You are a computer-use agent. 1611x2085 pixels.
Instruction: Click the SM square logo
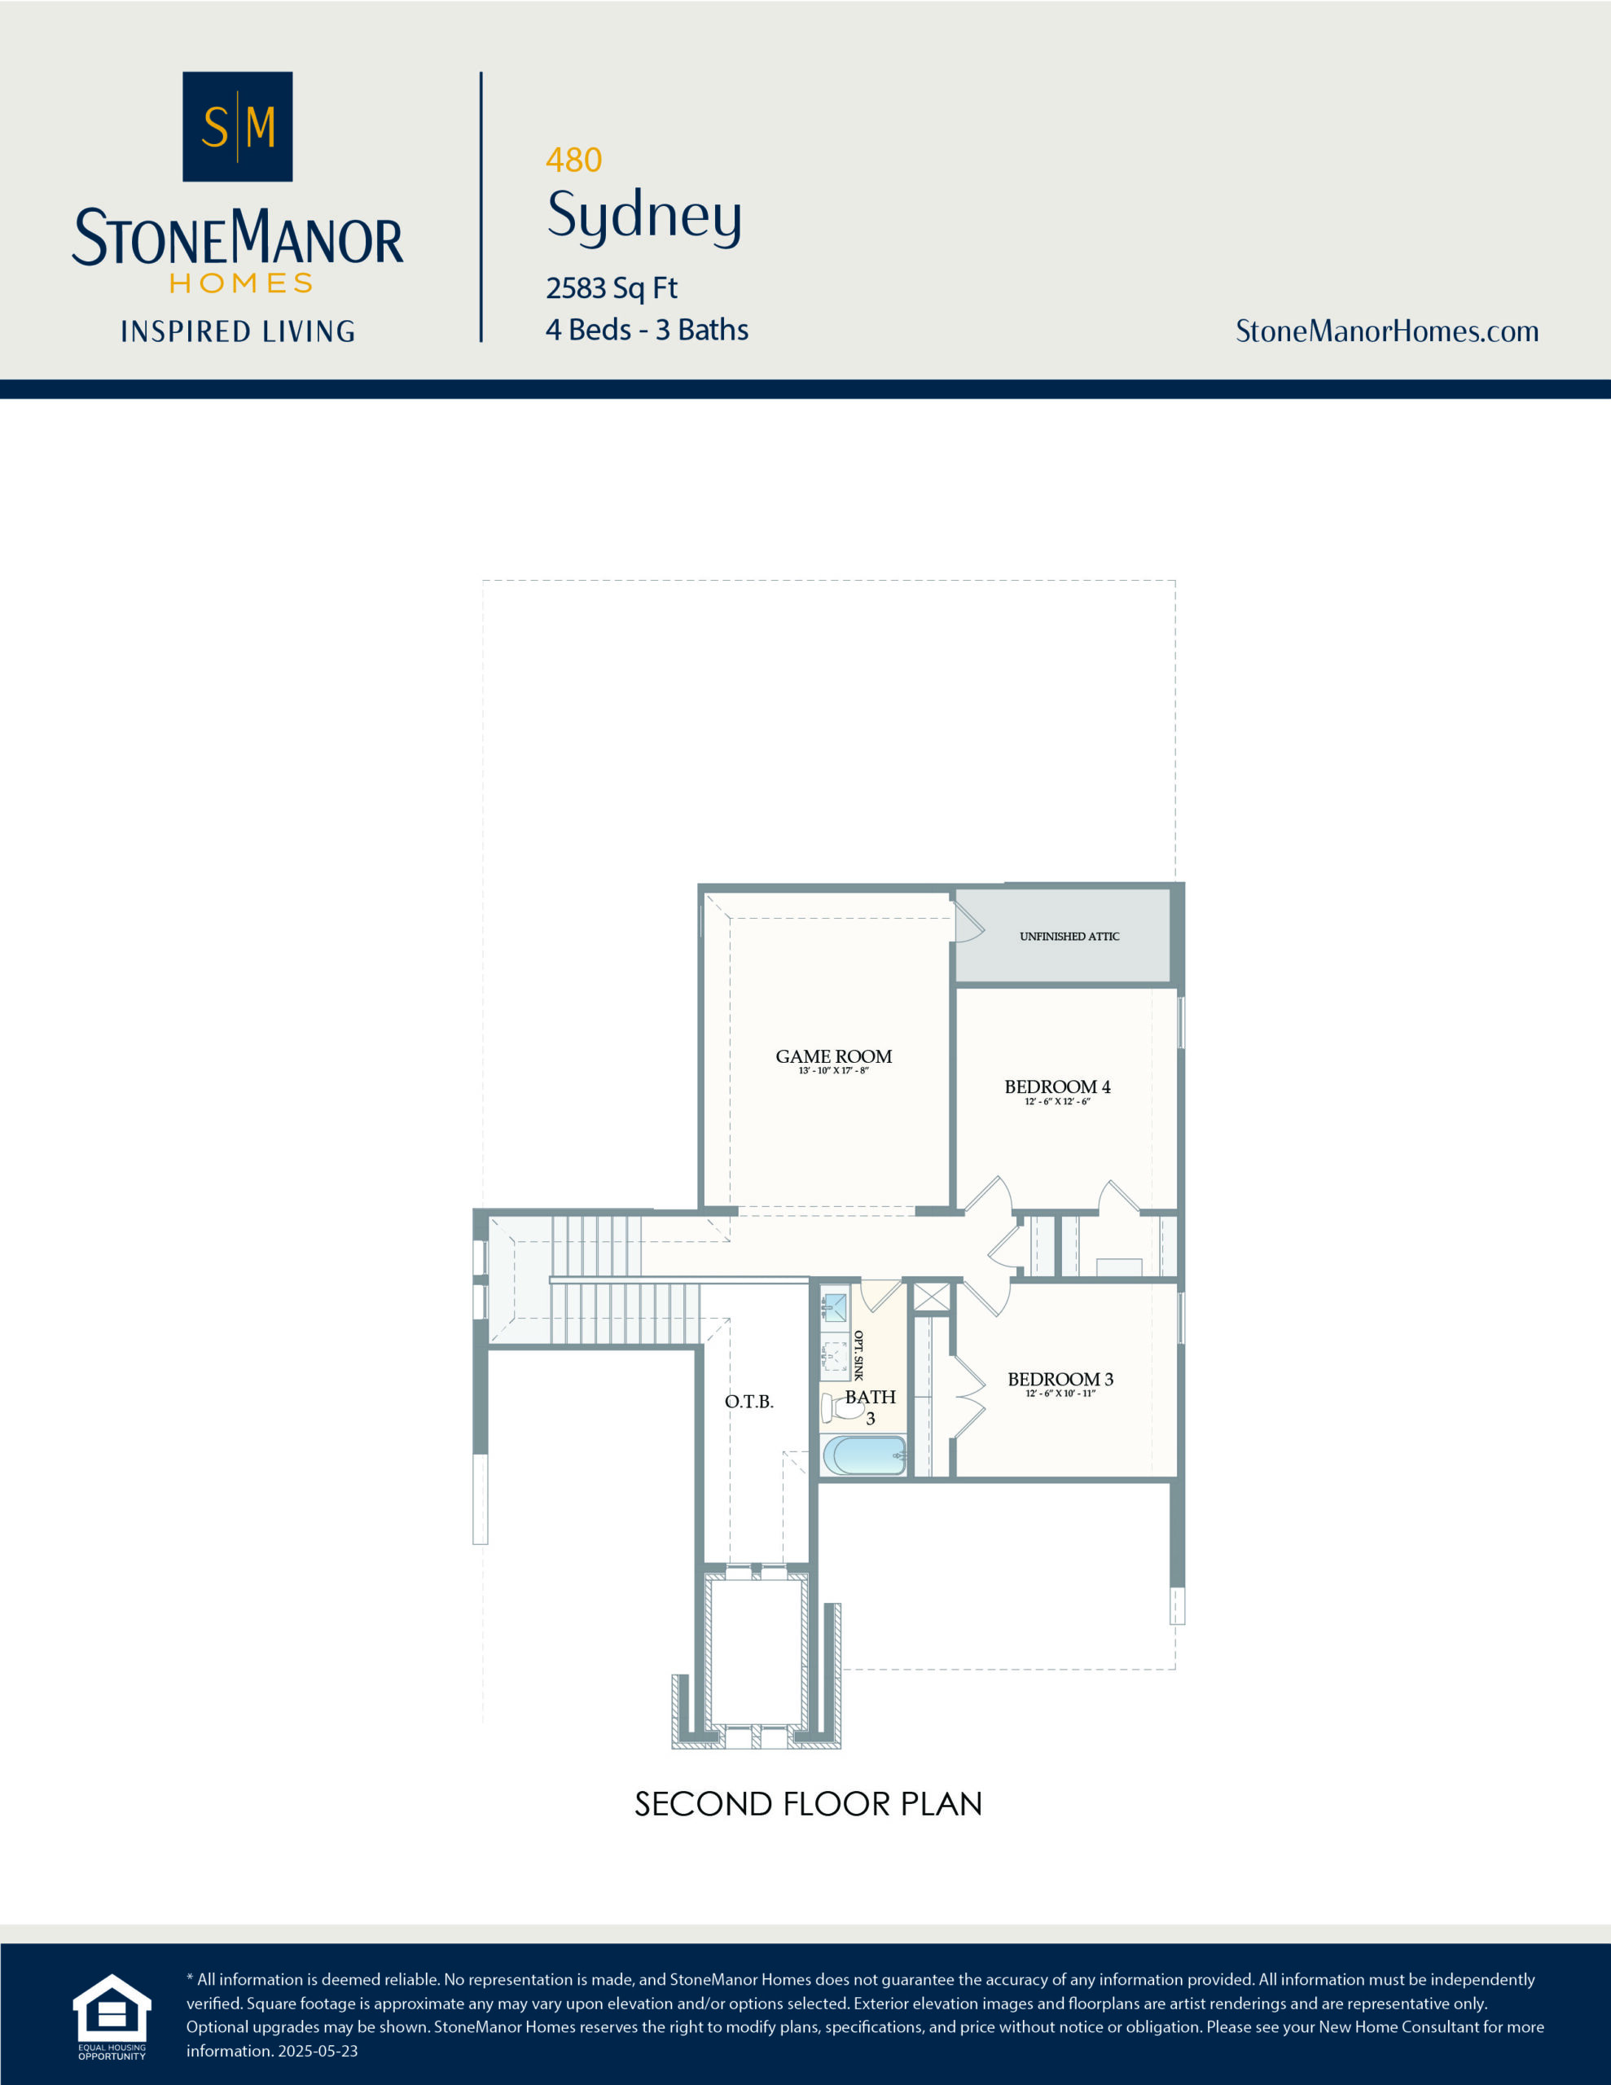coord(237,126)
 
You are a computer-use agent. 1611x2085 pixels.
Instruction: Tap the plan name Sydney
coord(643,215)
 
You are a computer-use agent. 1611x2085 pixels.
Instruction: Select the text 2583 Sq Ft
coord(611,288)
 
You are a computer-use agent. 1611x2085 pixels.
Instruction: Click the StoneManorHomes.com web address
coord(1386,331)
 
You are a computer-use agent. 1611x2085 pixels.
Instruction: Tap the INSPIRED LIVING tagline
coord(238,331)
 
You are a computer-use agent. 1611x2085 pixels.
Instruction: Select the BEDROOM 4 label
coord(1056,1086)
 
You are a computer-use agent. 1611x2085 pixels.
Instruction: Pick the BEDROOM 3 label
coord(1060,1379)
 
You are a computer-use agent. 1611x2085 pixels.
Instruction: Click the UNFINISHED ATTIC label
coord(1069,937)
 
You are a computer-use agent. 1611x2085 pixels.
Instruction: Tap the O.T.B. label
coord(748,1402)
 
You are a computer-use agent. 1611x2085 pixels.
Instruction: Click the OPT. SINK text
coord(858,1354)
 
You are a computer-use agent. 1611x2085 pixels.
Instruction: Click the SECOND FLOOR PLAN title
coord(808,1803)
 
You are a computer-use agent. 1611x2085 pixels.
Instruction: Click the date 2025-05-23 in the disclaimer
coord(317,2051)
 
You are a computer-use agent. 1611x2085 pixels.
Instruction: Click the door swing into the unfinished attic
coord(968,924)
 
